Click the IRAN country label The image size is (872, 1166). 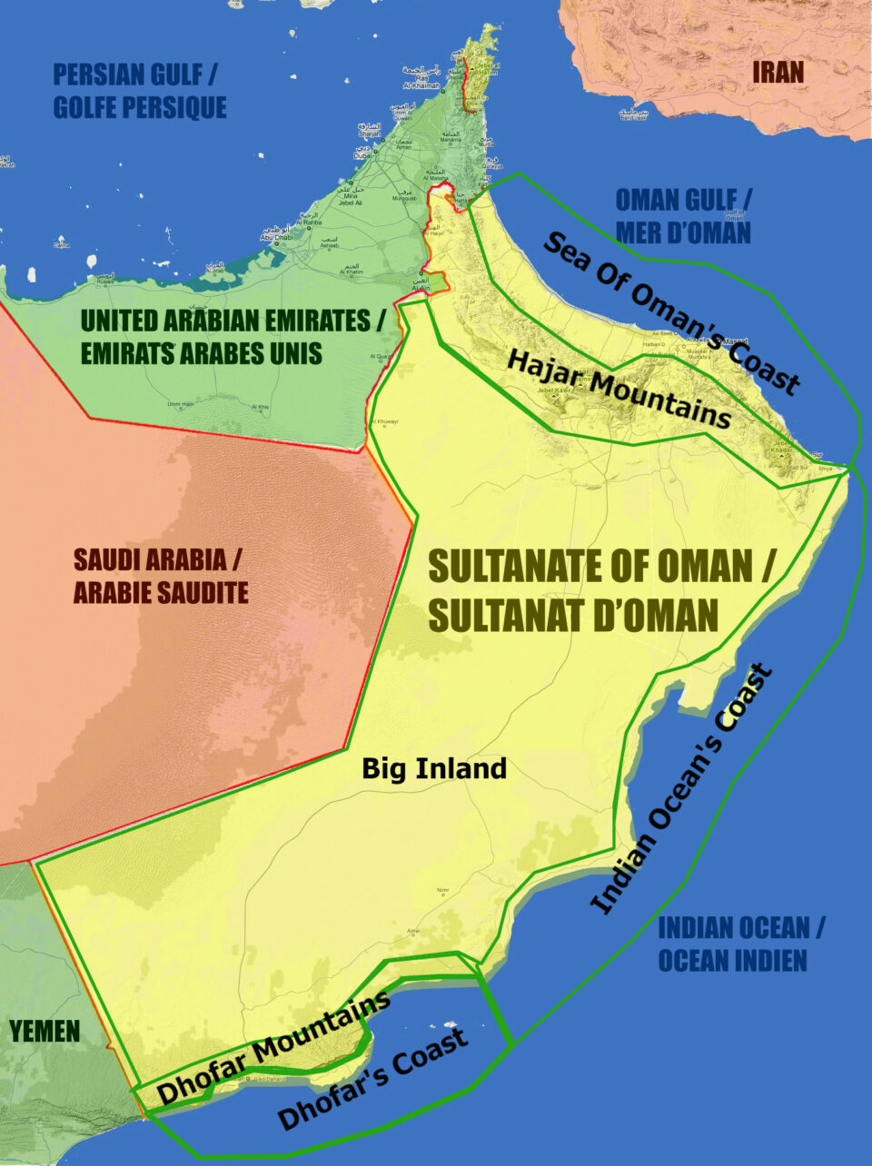coord(778,72)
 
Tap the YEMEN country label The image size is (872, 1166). coord(45,1031)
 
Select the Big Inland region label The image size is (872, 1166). coord(433,768)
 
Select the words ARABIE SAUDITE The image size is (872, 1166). coord(161,593)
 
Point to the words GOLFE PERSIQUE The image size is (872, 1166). coord(140,107)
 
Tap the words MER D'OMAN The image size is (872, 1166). coord(683,232)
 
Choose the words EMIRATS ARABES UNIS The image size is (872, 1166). coord(201,353)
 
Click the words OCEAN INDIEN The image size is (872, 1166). coord(732,960)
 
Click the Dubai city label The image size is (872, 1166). coord(362,155)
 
